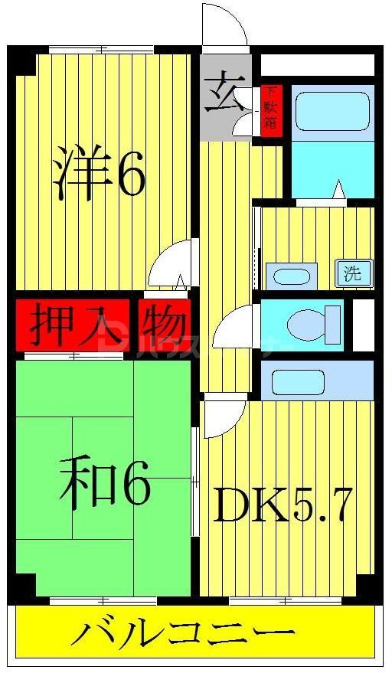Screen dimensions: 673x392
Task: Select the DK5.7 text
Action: click(283, 505)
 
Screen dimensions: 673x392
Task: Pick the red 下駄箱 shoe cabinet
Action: click(270, 108)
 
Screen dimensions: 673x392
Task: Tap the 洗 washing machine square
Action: click(351, 273)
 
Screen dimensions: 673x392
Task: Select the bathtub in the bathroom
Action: click(330, 112)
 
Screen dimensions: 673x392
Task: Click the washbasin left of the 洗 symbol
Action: click(291, 276)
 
